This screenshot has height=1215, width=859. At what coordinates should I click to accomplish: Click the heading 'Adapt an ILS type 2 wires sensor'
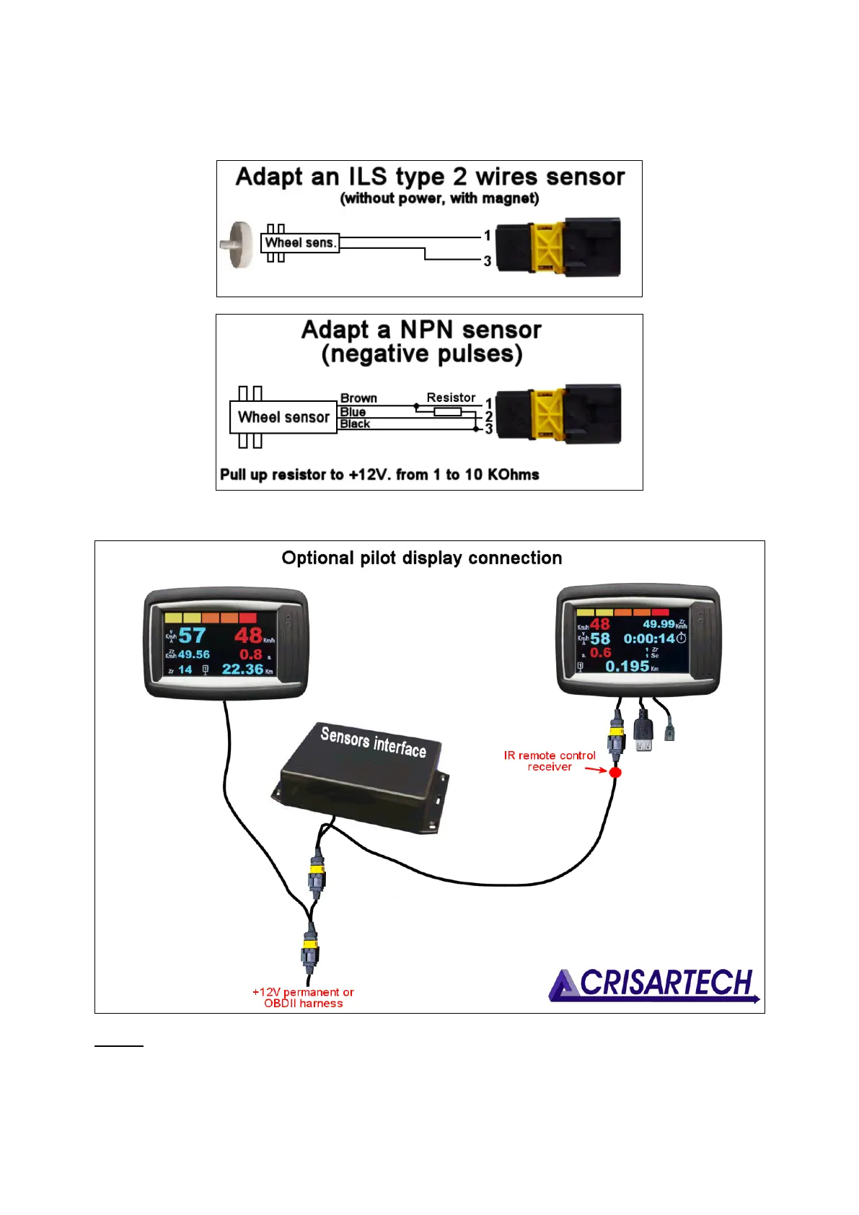430,177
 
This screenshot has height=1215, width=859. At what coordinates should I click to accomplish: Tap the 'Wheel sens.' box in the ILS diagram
300,243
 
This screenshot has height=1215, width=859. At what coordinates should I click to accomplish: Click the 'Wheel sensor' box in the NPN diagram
283,417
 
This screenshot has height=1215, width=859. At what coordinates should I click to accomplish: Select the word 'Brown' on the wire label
358,398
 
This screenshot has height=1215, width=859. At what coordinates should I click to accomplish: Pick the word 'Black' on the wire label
355,424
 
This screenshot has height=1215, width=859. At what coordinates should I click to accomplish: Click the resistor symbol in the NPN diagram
447,411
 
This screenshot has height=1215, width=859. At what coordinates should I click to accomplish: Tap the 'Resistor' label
451,398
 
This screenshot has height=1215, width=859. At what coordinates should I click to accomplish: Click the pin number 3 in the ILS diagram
488,261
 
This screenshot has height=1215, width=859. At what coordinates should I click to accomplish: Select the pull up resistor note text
379,475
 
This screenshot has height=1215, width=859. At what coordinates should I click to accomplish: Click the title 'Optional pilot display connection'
422,558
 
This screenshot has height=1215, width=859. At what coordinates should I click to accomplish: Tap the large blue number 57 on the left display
193,636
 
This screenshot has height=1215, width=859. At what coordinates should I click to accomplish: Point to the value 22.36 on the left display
242,670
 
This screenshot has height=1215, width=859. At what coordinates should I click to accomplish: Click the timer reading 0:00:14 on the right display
649,639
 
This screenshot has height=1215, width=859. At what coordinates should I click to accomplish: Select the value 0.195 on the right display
627,667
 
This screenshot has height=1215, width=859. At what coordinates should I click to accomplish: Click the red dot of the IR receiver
615,773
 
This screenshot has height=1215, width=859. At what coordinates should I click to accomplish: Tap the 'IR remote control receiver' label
550,761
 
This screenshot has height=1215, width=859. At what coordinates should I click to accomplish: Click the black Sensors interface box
361,776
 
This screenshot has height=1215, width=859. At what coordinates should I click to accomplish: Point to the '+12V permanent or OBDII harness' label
303,998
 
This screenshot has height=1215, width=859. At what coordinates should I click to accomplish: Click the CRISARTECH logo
654,985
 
